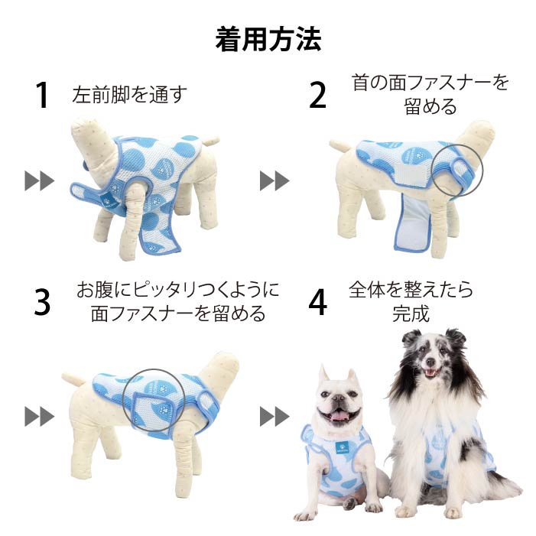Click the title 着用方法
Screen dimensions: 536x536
(x=268, y=39)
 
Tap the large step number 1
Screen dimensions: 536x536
(x=42, y=96)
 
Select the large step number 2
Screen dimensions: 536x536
(x=317, y=96)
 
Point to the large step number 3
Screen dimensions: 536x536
(x=42, y=303)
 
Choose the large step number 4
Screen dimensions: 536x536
(x=318, y=303)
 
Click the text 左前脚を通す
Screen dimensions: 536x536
(x=130, y=95)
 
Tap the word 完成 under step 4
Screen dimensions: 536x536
(x=411, y=313)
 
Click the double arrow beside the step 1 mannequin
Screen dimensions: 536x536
(x=39, y=180)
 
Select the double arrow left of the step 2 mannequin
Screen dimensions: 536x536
(x=274, y=180)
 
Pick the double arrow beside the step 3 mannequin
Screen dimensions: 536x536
(x=39, y=417)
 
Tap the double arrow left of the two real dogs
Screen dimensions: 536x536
(x=274, y=417)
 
